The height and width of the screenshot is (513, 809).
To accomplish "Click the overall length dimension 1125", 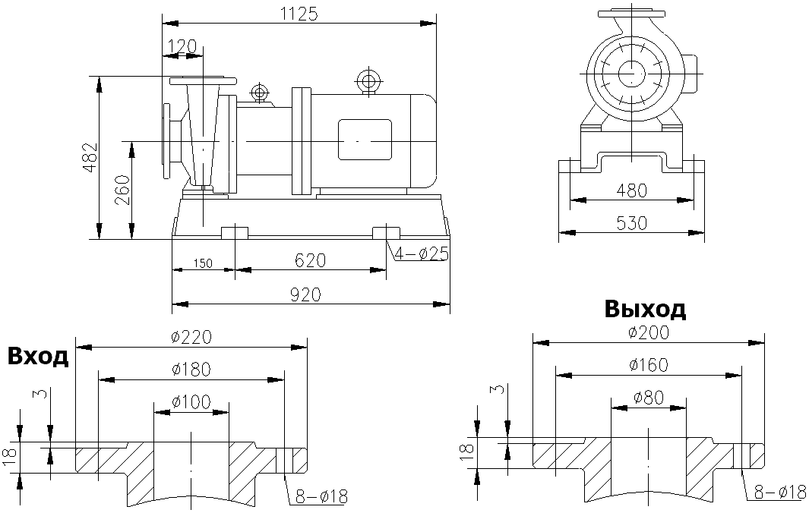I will (299, 13).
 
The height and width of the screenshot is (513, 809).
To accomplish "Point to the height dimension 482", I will (90, 157).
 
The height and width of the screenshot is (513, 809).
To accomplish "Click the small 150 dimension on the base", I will (201, 263).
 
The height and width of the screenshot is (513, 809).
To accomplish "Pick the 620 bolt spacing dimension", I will (310, 260).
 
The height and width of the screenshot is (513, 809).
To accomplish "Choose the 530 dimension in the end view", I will (631, 223).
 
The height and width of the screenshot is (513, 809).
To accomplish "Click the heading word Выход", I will (645, 309).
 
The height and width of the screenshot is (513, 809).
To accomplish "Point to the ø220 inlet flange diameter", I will (191, 337).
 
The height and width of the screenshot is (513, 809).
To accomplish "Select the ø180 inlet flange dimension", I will (191, 369).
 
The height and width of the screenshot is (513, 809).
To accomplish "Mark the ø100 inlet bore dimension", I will (191, 401).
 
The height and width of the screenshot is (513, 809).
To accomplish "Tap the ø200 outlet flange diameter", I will (648, 332).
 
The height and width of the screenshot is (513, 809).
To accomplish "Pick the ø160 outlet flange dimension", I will (648, 365).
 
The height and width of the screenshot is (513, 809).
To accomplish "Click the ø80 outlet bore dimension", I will (648, 397).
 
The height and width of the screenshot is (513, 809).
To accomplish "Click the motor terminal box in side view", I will (365, 140).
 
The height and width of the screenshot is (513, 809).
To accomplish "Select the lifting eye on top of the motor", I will (369, 80).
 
